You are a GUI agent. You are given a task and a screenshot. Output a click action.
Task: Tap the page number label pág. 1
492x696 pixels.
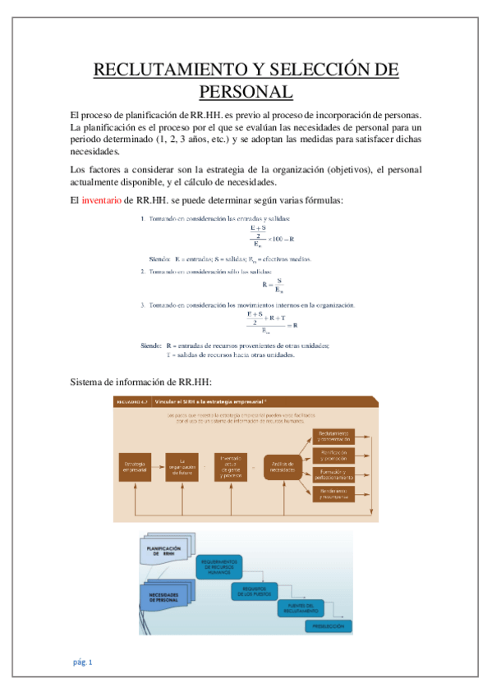point(82,662)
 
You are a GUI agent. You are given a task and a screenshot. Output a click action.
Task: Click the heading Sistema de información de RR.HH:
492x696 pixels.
point(141,382)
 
